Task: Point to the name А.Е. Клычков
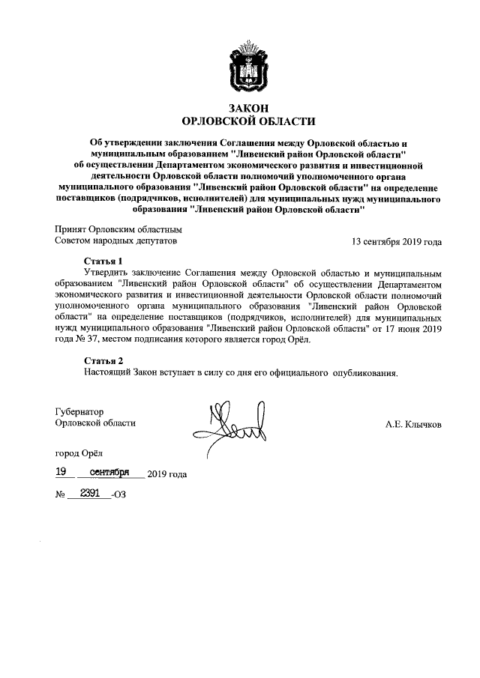413,425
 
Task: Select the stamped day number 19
64,473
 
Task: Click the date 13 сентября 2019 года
397,242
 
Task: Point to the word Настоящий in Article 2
107,372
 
